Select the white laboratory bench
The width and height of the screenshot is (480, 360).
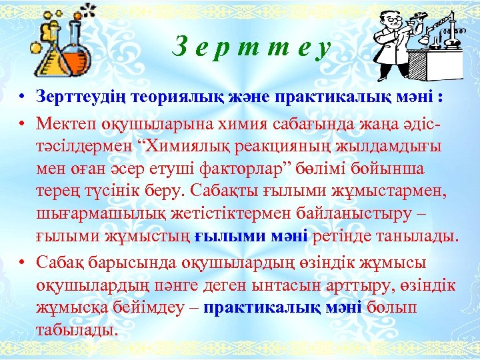[443, 63]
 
